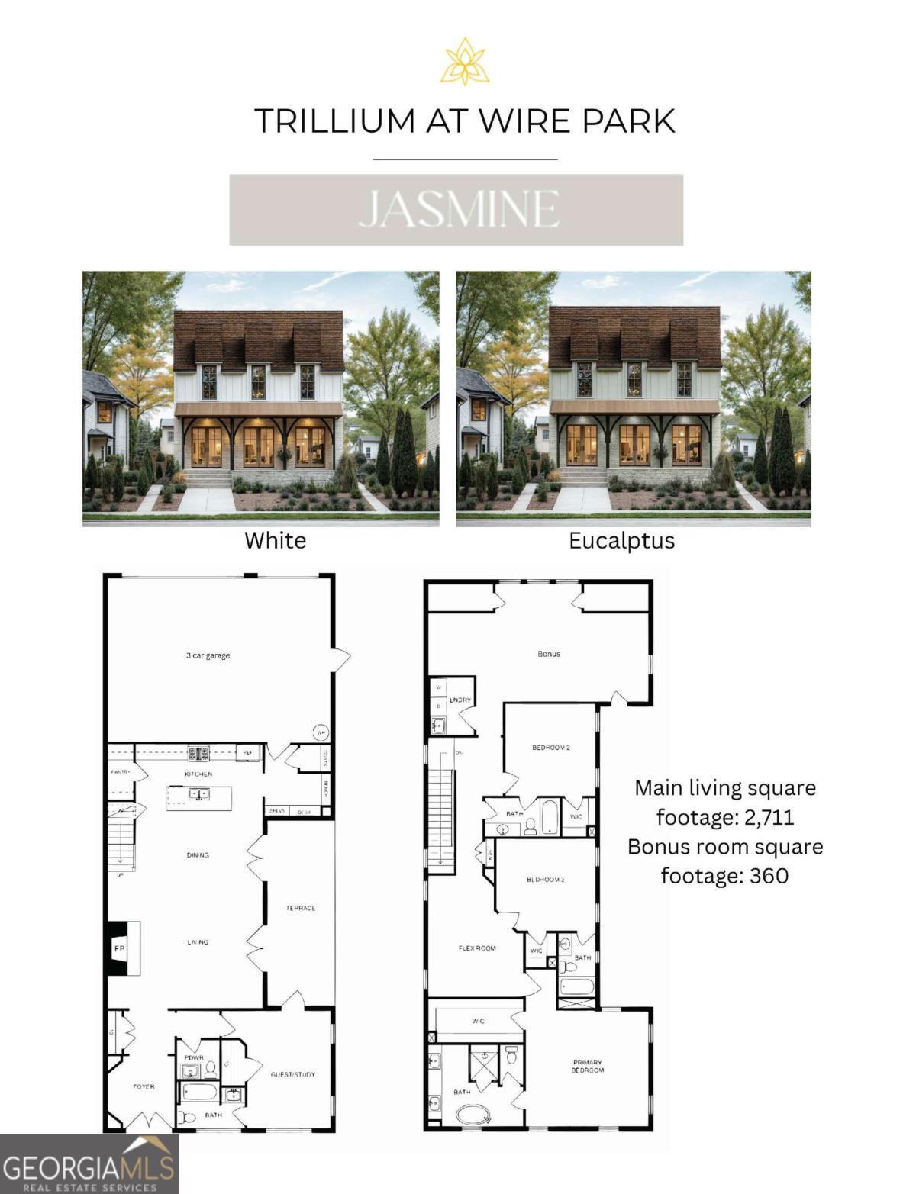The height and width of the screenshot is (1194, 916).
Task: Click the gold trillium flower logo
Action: [x=465, y=62]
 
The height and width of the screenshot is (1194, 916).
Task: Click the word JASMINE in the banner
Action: [x=458, y=210]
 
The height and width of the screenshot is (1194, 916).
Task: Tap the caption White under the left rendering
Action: [x=275, y=540]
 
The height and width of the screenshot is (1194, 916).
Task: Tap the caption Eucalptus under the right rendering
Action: [x=621, y=540]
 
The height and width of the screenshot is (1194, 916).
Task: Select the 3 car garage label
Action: [x=208, y=655]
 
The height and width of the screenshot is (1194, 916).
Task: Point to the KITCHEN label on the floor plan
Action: [x=198, y=774]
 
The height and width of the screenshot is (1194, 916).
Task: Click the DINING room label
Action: [x=198, y=855]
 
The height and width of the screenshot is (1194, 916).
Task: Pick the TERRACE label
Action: [x=301, y=908]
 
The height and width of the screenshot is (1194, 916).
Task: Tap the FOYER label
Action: [x=144, y=1086]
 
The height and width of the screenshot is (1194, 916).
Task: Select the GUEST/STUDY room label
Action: [x=292, y=1074]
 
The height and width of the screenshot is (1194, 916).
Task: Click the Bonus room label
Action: [x=549, y=654]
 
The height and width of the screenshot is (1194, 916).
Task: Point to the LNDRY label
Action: [x=460, y=700]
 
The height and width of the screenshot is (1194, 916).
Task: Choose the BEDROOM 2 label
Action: [x=551, y=748]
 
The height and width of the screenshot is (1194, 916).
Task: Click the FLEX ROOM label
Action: [x=477, y=948]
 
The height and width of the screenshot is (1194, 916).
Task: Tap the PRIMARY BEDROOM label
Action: [x=588, y=1066]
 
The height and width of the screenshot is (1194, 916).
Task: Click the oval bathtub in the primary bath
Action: [x=475, y=1115]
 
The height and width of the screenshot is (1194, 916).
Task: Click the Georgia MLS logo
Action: [x=89, y=1164]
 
